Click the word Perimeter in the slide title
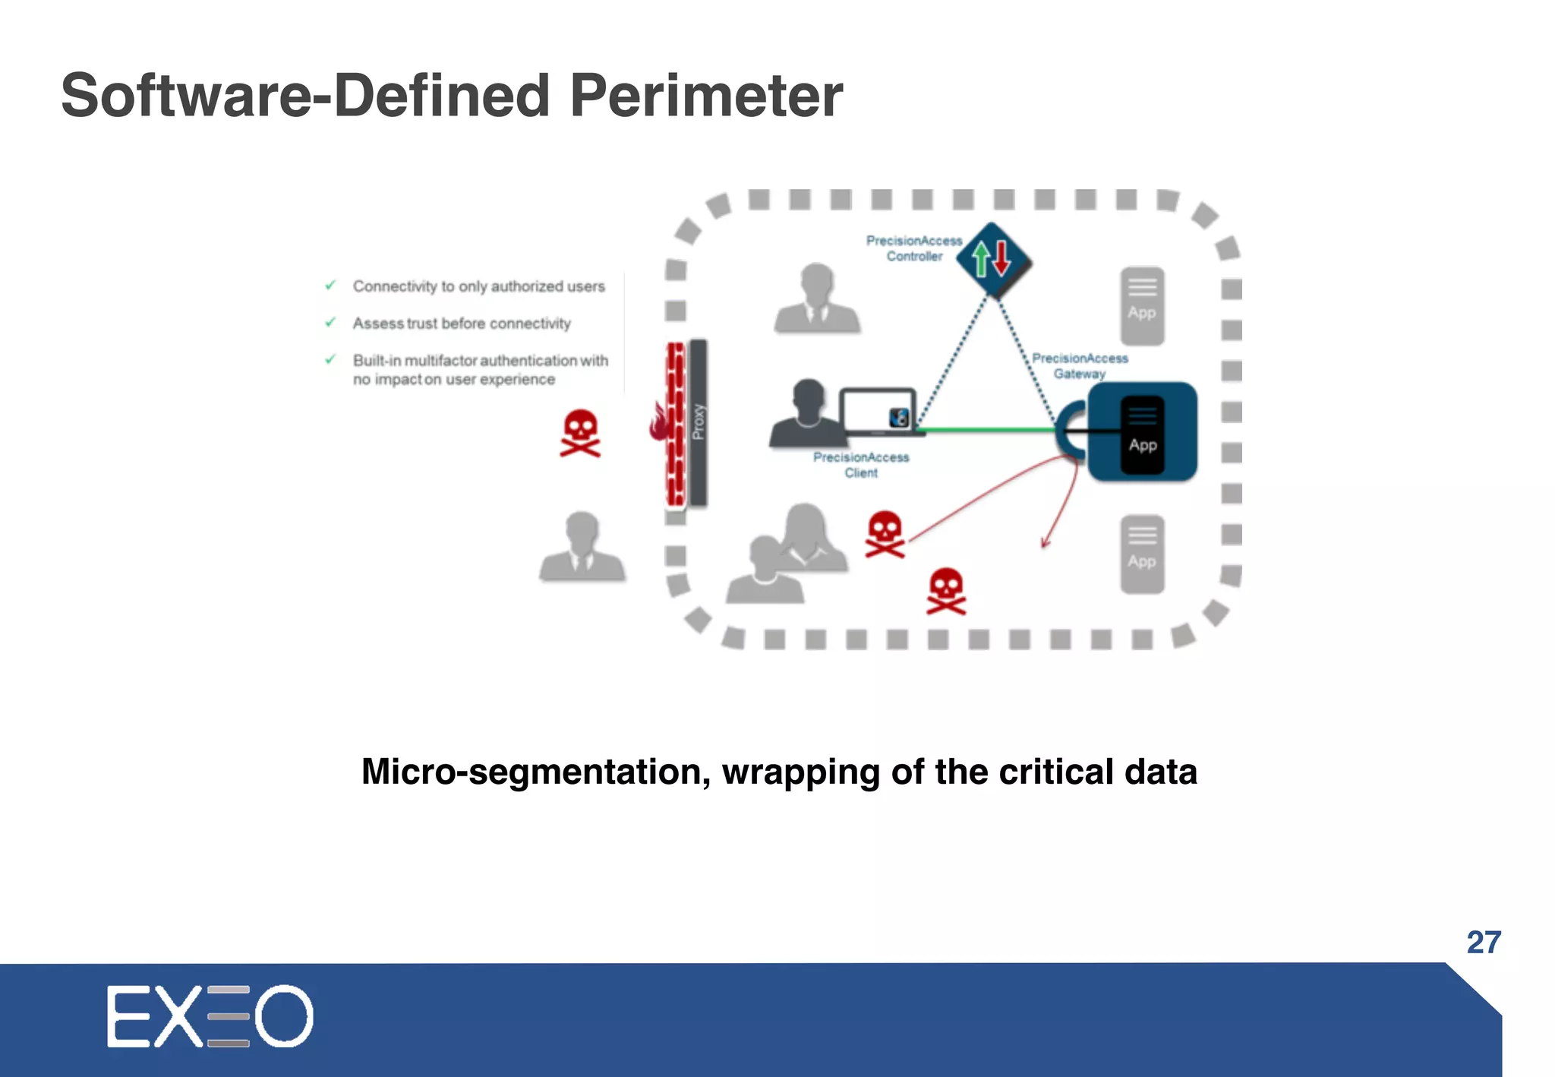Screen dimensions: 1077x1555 705,96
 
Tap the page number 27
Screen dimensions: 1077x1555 1484,943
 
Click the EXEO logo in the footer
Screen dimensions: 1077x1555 210,1016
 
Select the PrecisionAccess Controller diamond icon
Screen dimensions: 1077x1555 992,260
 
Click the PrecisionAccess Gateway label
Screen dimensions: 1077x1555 1079,365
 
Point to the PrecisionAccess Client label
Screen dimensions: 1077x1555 861,465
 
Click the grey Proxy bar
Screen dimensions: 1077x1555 699,422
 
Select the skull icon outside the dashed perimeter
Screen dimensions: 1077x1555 580,434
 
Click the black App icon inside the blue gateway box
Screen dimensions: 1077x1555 1142,435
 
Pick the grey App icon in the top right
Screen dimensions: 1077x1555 1142,305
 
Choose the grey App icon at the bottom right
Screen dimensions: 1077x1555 1142,554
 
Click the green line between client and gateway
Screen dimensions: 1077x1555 987,430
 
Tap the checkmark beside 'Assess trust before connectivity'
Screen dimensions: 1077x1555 330,323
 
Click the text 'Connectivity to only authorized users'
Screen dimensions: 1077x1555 478,286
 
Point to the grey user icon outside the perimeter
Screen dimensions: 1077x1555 582,547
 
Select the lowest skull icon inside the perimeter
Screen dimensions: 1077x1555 946,592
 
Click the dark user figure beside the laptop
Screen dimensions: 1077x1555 806,414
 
